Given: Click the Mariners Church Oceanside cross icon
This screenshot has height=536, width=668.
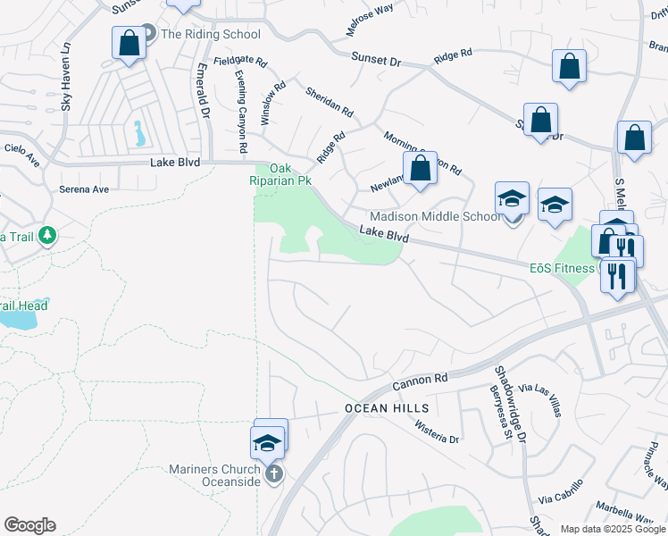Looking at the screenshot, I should [274, 473].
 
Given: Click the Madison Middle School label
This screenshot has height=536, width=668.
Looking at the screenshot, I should [435, 217].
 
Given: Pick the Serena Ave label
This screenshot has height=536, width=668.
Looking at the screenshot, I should [83, 189].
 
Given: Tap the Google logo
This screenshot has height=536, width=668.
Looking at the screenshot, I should [29, 525].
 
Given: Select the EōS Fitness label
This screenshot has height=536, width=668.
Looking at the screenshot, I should [562, 268].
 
